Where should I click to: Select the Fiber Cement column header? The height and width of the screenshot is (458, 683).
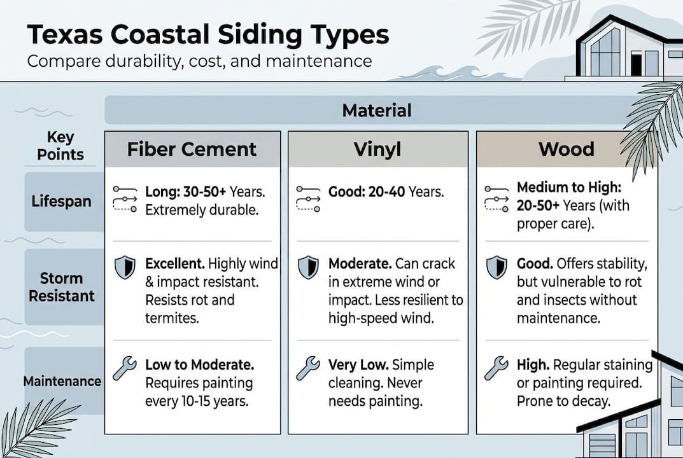click(192, 149)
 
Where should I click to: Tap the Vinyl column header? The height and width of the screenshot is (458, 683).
click(377, 149)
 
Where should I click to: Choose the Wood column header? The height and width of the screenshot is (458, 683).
click(566, 149)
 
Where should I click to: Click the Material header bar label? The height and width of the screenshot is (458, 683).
click(376, 110)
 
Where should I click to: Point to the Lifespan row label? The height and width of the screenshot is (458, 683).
click(62, 202)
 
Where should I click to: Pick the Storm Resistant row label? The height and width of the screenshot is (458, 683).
click(61, 287)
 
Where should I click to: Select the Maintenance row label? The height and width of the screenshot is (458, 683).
click(62, 382)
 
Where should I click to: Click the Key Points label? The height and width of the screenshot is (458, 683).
click(60, 146)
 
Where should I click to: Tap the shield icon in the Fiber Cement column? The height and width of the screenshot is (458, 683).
click(125, 268)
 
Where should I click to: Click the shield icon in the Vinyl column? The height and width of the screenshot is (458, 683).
click(308, 268)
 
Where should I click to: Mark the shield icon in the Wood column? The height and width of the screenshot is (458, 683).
click(496, 268)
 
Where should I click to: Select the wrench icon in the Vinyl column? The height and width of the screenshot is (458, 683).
click(308, 368)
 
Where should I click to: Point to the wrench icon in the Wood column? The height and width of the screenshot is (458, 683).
click(496, 368)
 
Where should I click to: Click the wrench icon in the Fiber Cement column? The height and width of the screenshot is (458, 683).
click(125, 368)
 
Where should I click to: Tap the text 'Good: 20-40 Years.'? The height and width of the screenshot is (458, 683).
click(386, 191)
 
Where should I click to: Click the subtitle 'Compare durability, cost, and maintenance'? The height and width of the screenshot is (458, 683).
click(199, 61)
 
